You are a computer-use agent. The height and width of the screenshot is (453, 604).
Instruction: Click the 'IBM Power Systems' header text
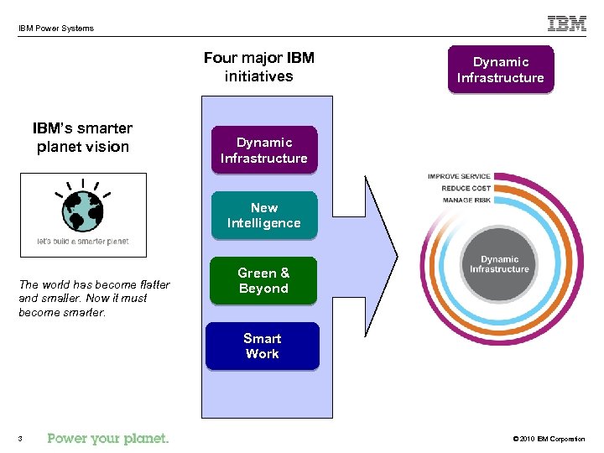click(56, 29)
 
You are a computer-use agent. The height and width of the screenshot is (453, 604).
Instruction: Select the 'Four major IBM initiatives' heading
click(259, 67)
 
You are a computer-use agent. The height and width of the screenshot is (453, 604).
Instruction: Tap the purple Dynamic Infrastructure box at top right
click(501, 70)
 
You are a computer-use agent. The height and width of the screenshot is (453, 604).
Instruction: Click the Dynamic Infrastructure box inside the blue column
click(264, 150)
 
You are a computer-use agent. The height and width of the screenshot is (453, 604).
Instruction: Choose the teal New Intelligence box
click(264, 216)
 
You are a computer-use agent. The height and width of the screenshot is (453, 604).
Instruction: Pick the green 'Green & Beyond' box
click(264, 281)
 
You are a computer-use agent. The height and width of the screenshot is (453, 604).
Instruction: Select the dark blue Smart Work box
click(263, 346)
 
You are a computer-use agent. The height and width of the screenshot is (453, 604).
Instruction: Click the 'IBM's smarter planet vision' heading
click(82, 138)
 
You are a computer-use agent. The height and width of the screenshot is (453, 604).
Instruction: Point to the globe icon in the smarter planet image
click(82, 208)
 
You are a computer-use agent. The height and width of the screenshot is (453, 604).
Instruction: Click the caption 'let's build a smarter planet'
click(82, 242)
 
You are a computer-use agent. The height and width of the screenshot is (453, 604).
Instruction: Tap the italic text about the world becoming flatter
click(94, 299)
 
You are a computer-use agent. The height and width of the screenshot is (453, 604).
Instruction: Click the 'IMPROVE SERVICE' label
click(459, 177)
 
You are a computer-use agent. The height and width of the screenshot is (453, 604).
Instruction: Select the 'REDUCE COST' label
click(466, 189)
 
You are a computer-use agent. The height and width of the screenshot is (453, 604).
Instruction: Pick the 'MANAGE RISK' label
click(466, 200)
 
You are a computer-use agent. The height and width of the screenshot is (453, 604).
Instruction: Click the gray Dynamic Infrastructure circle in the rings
click(499, 264)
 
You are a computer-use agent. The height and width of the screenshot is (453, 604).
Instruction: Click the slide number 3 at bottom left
click(19, 439)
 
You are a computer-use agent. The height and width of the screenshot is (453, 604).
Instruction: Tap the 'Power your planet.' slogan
click(108, 438)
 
